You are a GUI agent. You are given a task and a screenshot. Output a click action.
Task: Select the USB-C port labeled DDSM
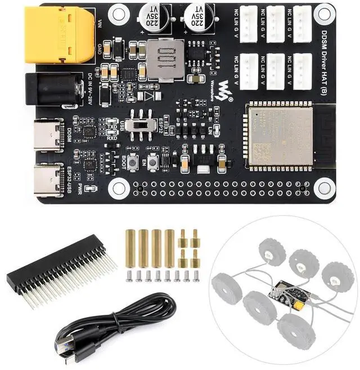tap(49, 134)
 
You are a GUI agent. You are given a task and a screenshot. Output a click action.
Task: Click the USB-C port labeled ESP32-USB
tap(49, 179)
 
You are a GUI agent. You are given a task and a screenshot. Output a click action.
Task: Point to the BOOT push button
tap(133, 163)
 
